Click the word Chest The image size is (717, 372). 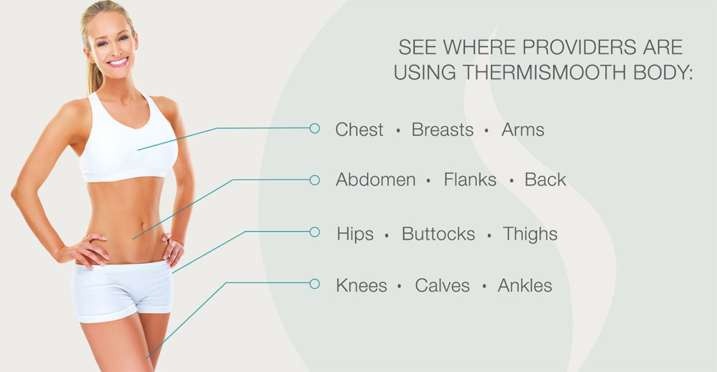click(x=359, y=130)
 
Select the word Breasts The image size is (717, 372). click(x=442, y=130)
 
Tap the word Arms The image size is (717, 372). click(x=523, y=130)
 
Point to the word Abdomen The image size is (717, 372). click(x=376, y=180)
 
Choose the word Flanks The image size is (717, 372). click(x=470, y=180)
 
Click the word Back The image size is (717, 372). click(x=546, y=180)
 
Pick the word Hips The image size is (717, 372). click(x=355, y=234)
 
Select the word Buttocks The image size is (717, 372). click(x=438, y=234)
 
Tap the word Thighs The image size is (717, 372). click(x=530, y=234)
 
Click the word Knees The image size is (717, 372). click(x=361, y=285)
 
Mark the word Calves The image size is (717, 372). click(x=442, y=285)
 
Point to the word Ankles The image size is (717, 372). click(x=525, y=285)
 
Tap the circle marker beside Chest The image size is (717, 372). click(x=314, y=128)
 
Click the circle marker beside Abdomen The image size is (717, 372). click(x=314, y=180)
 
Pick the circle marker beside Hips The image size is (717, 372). click(x=314, y=232)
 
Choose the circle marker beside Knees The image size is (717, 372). click(x=314, y=283)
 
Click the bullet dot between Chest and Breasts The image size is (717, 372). click(x=398, y=131)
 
